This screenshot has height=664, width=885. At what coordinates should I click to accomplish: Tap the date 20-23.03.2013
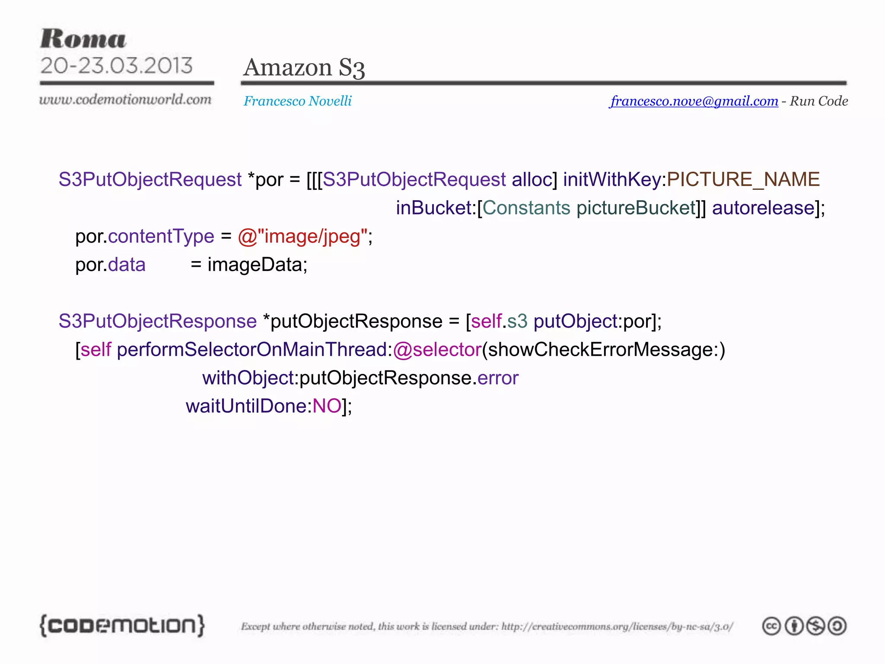tap(116, 66)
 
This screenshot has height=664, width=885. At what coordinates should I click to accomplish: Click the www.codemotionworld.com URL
tap(125, 100)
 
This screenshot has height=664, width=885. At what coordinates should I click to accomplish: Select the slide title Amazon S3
tap(304, 68)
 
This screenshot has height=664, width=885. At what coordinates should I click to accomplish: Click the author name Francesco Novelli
tap(297, 101)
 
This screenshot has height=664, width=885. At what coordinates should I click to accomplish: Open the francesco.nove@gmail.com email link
tap(694, 101)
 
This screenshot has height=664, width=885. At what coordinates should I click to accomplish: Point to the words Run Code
tap(818, 101)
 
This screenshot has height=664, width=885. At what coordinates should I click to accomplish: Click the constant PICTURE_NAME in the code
tap(743, 179)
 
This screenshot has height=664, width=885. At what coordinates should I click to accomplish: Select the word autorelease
tap(763, 208)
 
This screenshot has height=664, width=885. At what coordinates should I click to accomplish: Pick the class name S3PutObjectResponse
tap(158, 321)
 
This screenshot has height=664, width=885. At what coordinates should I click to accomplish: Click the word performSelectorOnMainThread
tap(252, 350)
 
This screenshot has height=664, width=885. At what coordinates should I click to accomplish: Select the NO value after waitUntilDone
tap(327, 406)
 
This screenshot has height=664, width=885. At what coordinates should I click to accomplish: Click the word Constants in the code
tap(526, 208)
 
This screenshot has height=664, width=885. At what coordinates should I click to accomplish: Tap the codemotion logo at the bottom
tap(122, 625)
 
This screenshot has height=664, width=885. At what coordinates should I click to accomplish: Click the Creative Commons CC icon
tap(771, 626)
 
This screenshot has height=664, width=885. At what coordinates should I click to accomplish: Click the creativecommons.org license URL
tap(617, 626)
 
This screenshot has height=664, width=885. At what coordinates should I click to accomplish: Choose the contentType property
tap(161, 236)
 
